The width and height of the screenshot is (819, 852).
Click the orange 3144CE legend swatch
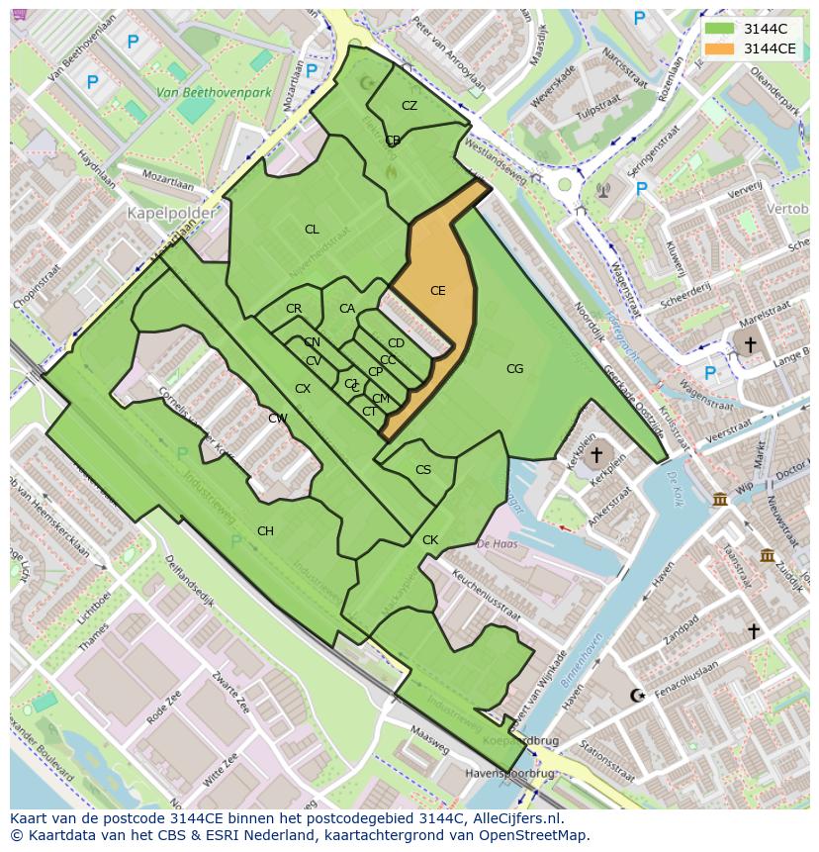[x=720, y=48]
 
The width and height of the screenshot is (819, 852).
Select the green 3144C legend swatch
[x=720, y=30]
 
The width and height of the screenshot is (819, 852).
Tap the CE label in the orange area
[x=437, y=291]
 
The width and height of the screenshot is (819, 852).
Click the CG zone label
[x=514, y=369]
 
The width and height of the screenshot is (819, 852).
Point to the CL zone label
[x=312, y=230]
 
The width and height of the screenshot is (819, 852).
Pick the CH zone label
[x=265, y=531]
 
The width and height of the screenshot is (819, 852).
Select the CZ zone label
[x=409, y=106]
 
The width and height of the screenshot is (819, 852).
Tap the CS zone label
[x=423, y=470]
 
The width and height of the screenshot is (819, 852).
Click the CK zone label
[x=429, y=540]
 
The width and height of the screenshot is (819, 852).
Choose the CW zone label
[x=278, y=419]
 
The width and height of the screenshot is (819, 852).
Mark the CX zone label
[x=303, y=389]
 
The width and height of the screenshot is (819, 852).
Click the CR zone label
[x=294, y=309]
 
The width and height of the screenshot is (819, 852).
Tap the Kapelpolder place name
[x=162, y=213]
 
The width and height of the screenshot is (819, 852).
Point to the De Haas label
[x=498, y=543]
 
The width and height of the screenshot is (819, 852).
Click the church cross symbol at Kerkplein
[x=594, y=455]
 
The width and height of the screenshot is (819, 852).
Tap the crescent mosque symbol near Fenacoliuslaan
[x=636, y=696]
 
